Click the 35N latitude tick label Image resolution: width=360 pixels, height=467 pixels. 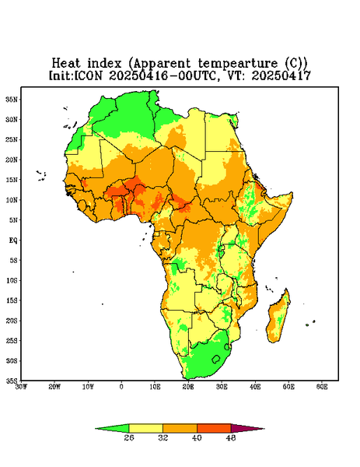[12, 99]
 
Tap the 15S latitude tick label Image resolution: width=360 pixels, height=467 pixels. [12, 300]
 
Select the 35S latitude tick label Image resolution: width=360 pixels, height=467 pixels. [12, 381]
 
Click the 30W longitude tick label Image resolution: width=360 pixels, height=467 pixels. [22, 387]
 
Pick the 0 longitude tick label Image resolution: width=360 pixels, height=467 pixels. [121, 387]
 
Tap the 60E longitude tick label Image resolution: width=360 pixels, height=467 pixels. [322, 387]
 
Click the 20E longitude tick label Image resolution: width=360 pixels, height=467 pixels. [188, 387]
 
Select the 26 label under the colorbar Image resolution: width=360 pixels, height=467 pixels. [129, 437]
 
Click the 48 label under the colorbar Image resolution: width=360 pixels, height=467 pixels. [231, 437]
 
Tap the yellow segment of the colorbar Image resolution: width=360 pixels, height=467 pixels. [145, 428]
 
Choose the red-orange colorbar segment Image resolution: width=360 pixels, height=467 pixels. [214, 428]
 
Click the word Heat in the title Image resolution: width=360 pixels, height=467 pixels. [66, 64]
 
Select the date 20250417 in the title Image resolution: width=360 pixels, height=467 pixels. [281, 75]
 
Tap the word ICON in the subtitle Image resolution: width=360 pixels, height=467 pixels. [88, 75]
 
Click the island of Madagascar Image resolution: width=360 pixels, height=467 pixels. [278, 318]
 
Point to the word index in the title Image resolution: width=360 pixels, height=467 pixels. [105, 64]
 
